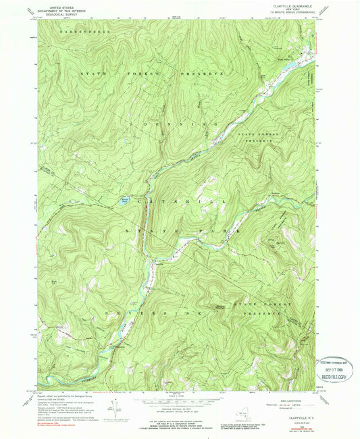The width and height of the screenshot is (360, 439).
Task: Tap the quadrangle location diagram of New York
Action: [241, 414]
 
